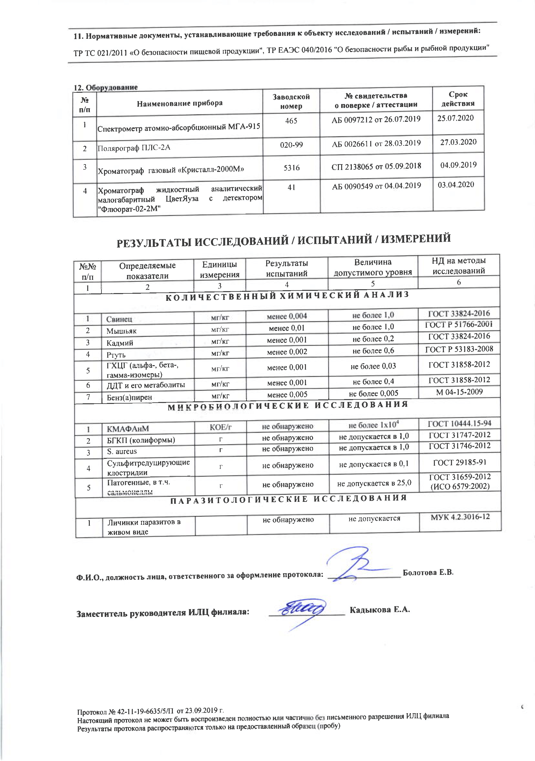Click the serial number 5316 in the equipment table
[x=291, y=168]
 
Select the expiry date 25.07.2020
[x=456, y=118]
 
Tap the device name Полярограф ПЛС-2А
[x=134, y=148]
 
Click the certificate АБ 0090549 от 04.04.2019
[x=376, y=186]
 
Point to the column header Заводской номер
[x=291, y=101]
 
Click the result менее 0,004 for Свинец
[x=287, y=316]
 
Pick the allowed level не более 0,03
[x=373, y=366]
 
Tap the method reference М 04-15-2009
[x=459, y=392]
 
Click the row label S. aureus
[x=121, y=451]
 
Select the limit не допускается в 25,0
[x=374, y=483]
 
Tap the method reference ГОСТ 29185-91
[x=459, y=463]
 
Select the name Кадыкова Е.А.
[x=380, y=609]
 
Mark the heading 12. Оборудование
[x=105, y=88]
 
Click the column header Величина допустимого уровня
[x=373, y=267]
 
